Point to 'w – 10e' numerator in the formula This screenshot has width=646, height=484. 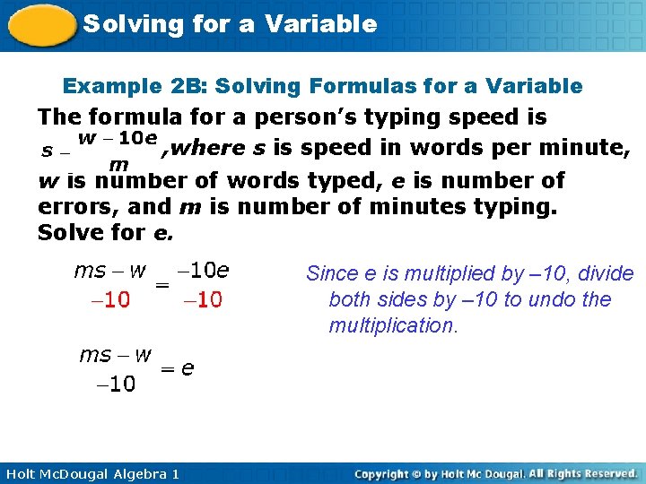point(118,138)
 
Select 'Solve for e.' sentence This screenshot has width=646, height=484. point(106,233)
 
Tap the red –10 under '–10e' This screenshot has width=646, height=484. point(202,300)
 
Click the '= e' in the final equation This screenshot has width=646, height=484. point(177,368)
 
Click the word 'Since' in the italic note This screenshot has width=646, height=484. point(331,273)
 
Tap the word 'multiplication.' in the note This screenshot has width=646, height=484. point(393,325)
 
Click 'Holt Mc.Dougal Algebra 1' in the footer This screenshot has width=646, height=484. point(90,473)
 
